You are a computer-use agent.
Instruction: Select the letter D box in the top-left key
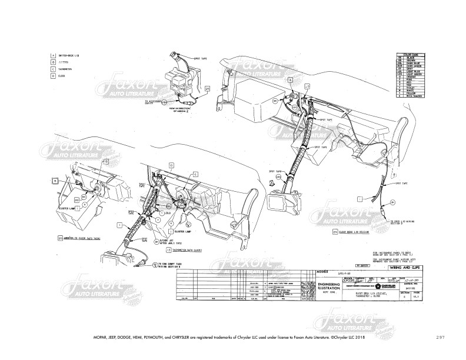pyautogui.click(x=53, y=76)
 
